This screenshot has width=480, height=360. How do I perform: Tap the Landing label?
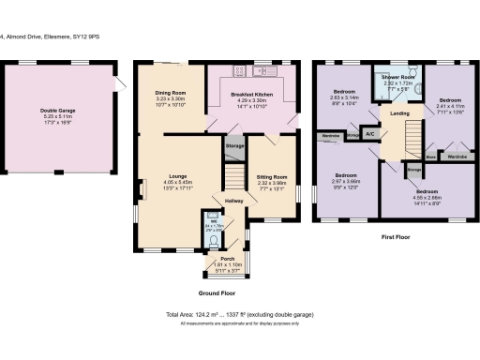pos(399,113)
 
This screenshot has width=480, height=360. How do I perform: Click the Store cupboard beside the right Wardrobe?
pos(431,156)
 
